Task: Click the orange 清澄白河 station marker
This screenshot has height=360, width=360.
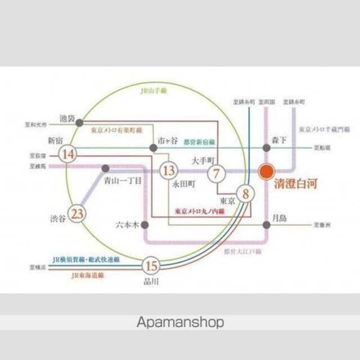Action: coord(266,171)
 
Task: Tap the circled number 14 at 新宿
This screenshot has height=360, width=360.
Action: coord(69,154)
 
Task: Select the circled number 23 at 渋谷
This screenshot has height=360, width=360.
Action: coord(79,214)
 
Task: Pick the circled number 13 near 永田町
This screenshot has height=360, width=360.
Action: coord(168,169)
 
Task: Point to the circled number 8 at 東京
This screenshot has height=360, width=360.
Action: coord(245,195)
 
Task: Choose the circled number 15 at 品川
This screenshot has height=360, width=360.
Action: coord(150,265)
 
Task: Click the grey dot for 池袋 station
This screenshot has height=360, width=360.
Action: coord(80,121)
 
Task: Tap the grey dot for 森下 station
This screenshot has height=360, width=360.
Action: coord(266,147)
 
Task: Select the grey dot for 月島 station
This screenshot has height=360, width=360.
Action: coord(266,224)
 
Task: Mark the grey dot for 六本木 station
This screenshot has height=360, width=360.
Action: coord(145,224)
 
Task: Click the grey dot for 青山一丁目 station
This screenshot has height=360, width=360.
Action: coord(105,168)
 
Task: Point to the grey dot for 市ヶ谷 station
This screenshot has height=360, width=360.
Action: coord(153,148)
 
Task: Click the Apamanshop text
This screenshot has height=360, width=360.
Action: coord(180,322)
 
